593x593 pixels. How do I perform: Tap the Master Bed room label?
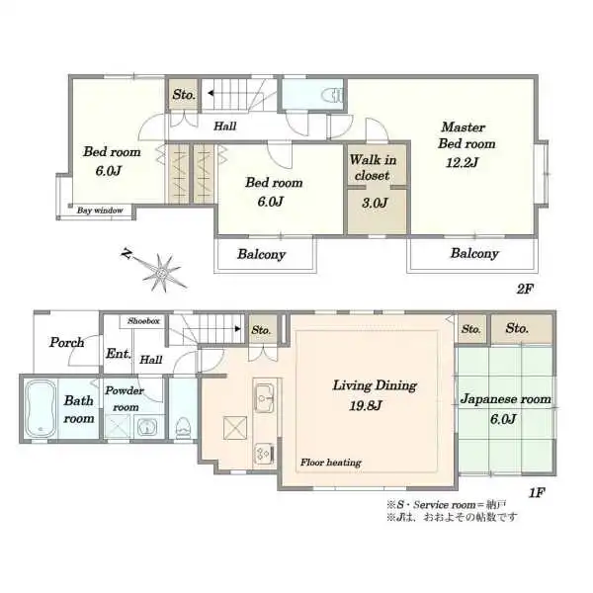[466, 135]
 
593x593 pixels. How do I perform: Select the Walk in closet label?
[373, 168]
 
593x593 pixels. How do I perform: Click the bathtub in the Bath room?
[41, 409]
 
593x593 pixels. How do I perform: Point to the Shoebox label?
[143, 321]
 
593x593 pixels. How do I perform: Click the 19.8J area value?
[366, 406]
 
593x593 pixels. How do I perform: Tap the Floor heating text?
[331, 463]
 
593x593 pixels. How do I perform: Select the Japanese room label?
[505, 399]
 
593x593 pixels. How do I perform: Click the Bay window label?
[100, 211]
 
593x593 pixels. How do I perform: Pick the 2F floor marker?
[525, 289]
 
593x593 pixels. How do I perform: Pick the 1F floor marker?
[536, 493]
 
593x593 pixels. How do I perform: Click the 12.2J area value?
[463, 163]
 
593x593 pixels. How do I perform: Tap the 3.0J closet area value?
[375, 203]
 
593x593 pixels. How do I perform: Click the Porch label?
[66, 343]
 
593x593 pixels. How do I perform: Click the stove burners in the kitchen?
[264, 453]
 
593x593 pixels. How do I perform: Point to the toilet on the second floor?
[334, 95]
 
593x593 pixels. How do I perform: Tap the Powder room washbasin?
[145, 427]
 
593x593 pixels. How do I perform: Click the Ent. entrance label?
[119, 354]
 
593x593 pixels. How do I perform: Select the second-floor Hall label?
[225, 126]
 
